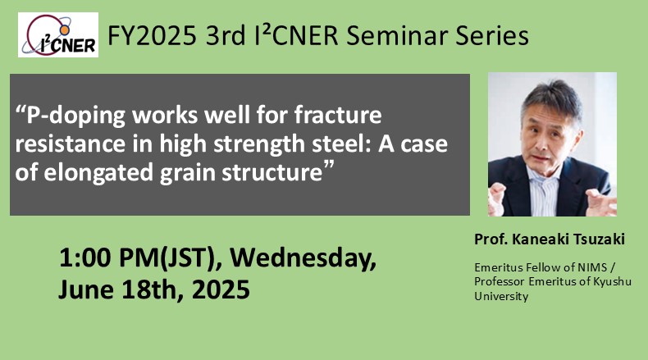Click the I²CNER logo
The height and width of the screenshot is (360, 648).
click(58, 34)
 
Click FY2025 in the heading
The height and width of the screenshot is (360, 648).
click(152, 35)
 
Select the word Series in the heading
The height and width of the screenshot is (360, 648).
click(492, 35)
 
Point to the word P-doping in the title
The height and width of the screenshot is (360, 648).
click(76, 116)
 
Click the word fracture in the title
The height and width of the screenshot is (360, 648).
click(338, 115)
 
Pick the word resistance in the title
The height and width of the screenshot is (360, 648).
click(71, 144)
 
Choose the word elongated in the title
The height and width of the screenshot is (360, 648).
click(98, 173)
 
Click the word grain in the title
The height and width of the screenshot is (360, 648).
click(189, 173)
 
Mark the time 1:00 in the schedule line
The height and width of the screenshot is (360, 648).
click(85, 257)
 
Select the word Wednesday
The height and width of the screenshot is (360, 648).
click(303, 259)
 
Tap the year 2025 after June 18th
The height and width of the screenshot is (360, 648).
click(221, 289)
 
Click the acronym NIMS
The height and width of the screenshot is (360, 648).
click(592, 267)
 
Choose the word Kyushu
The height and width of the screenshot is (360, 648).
click(613, 282)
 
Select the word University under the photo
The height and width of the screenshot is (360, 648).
click(501, 296)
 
